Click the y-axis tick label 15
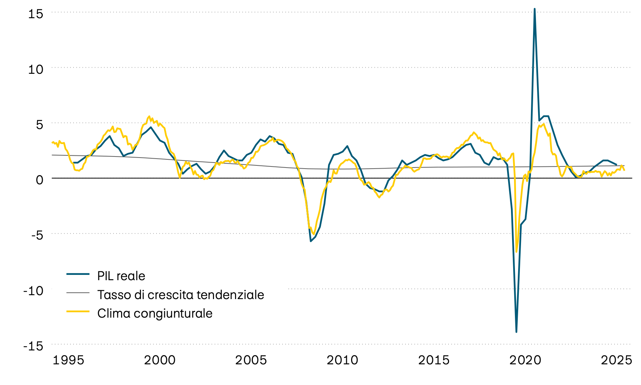(35, 14)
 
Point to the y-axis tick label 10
(35, 69)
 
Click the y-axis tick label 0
(39, 180)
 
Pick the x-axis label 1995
(68, 360)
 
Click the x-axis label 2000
(160, 360)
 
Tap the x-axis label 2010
(342, 360)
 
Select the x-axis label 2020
(525, 360)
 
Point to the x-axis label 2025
(616, 360)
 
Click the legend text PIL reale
(121, 276)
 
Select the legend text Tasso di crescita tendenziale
(181, 295)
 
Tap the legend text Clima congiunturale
(155, 313)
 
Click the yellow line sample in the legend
(78, 312)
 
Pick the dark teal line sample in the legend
(78, 274)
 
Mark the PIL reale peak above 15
(535, 9)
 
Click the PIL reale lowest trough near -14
(516, 332)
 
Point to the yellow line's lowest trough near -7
(516, 252)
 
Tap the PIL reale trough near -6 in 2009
(311, 241)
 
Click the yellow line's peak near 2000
(149, 116)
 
